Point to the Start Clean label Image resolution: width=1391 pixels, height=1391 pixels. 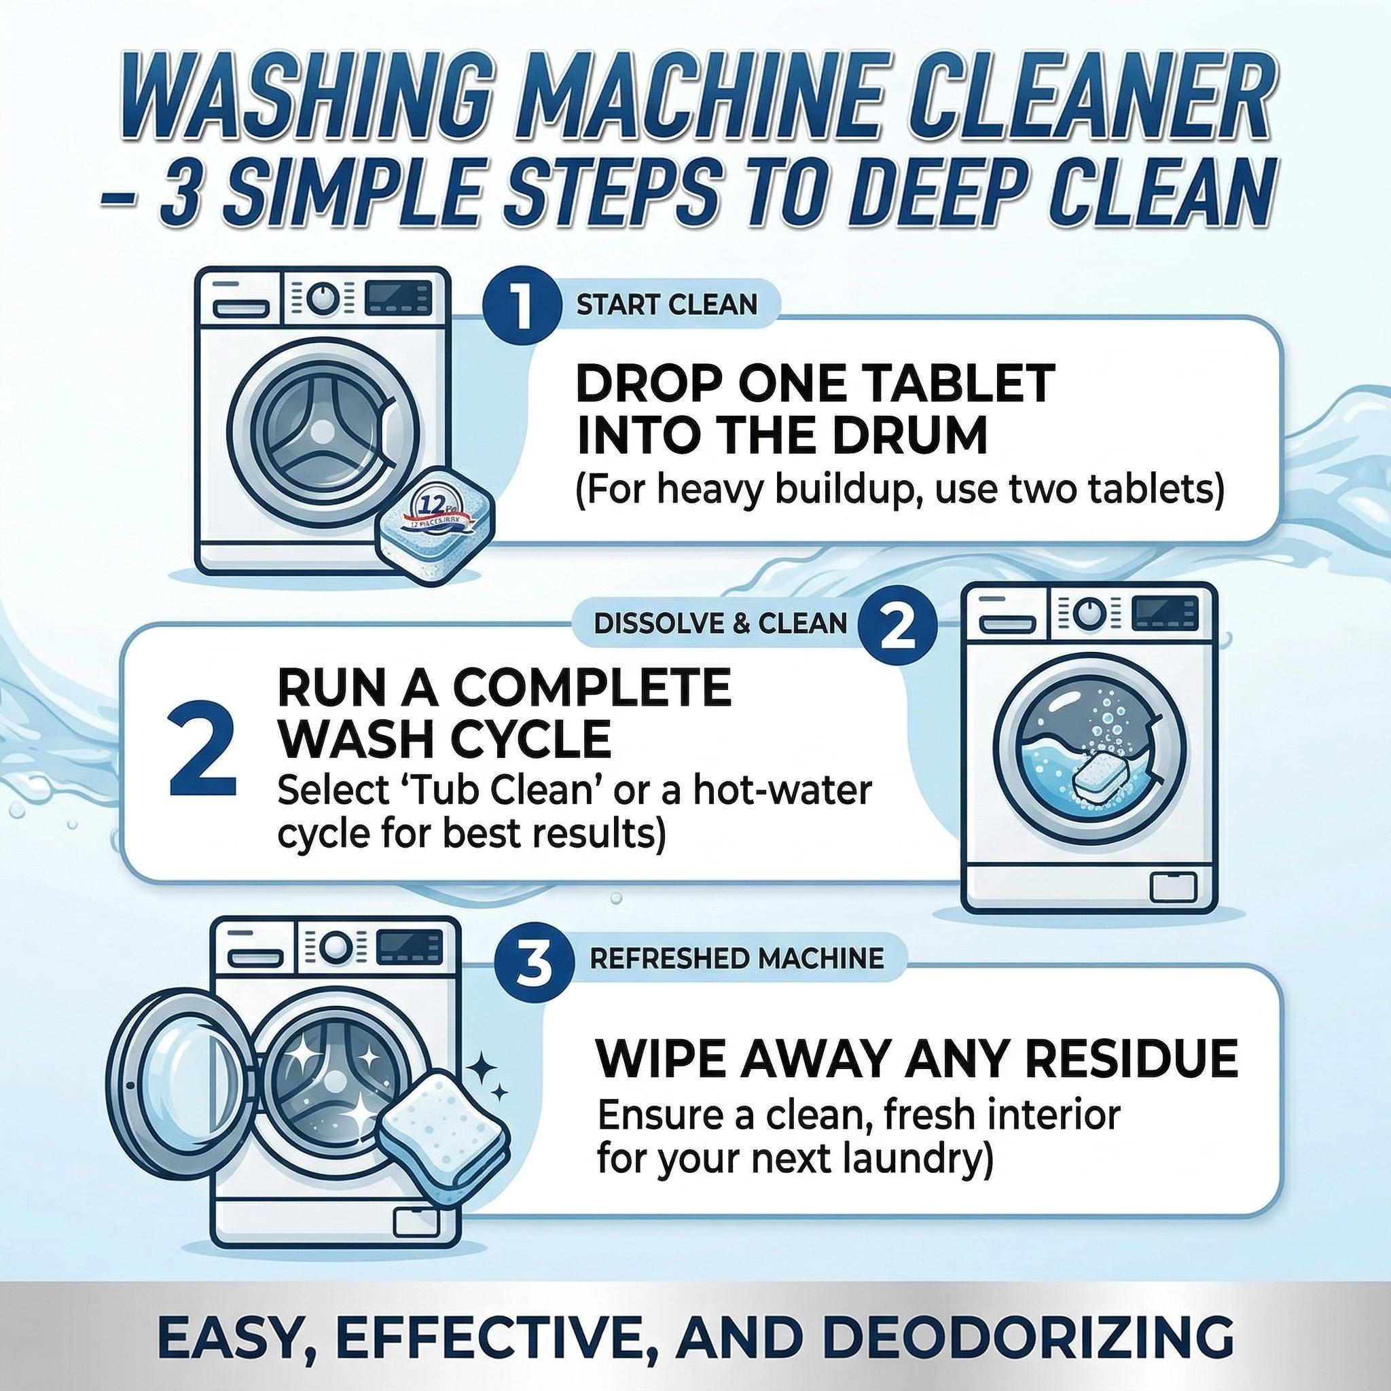(x=667, y=304)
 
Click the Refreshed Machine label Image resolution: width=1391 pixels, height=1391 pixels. (x=736, y=958)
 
